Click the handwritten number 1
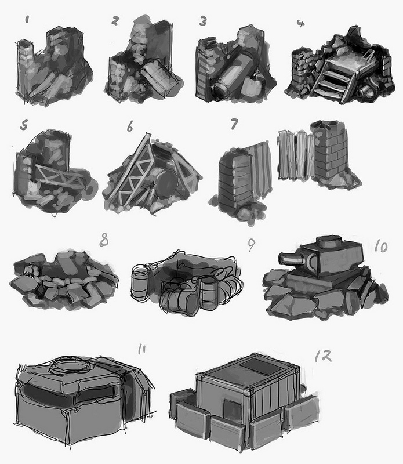click(27, 20)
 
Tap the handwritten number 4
click(300, 23)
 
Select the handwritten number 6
click(130, 127)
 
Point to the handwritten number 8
click(104, 240)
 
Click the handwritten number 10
click(381, 246)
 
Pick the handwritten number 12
click(323, 356)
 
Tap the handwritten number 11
click(141, 349)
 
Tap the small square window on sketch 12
click(233, 408)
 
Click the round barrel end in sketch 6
click(167, 183)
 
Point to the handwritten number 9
click(251, 245)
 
